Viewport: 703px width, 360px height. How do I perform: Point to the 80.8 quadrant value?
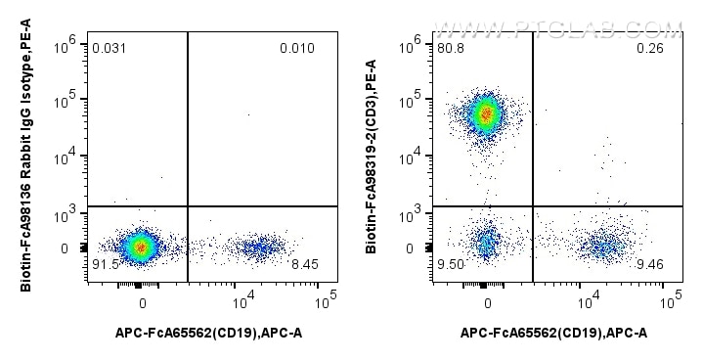[451, 48]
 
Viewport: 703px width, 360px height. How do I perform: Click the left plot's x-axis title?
[208, 334]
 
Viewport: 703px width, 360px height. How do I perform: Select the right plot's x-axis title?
[553, 334]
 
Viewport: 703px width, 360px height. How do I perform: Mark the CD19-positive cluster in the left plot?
[258, 247]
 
